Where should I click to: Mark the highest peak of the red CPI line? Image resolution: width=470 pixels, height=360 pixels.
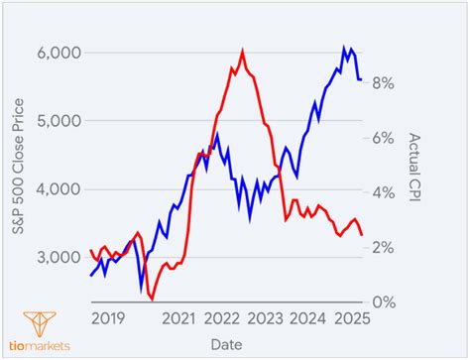point(242,52)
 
